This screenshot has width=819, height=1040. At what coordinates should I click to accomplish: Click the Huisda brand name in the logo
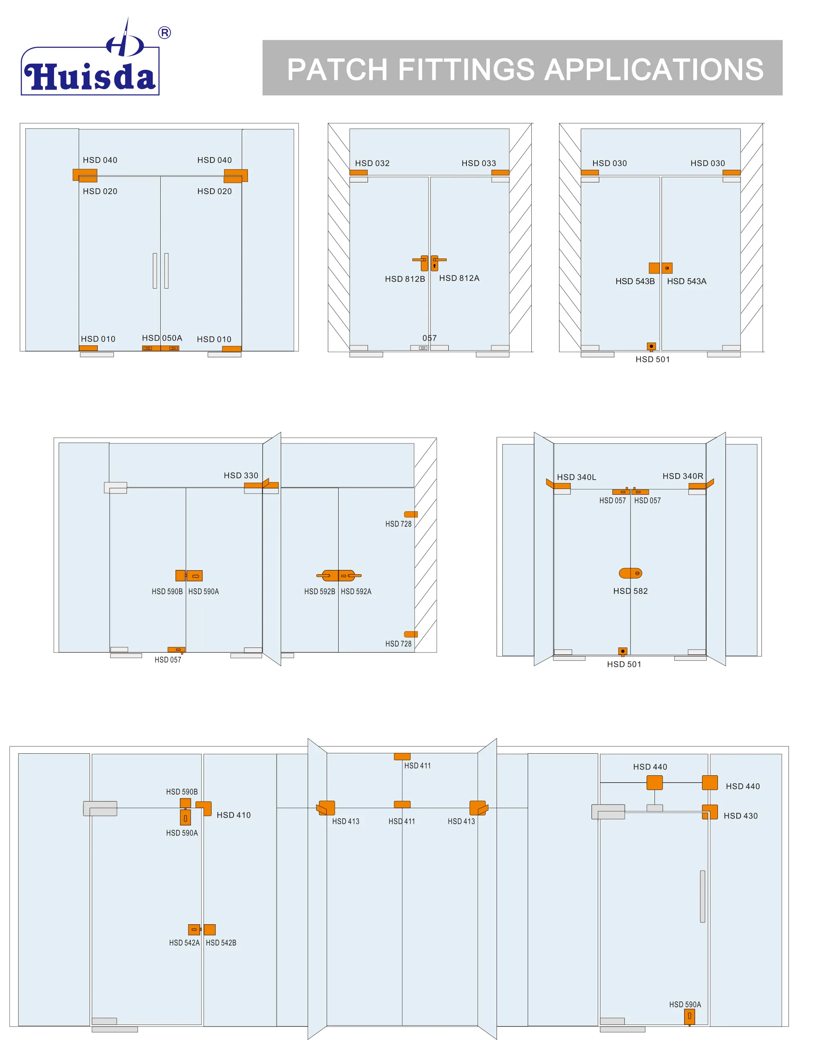coord(90,77)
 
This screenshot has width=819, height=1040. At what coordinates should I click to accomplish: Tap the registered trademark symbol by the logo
coord(164,33)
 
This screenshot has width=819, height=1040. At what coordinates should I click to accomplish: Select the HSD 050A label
coord(162,338)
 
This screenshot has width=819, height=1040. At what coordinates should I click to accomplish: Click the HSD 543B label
coord(635,281)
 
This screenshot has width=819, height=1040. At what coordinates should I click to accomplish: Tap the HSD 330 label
coord(241,475)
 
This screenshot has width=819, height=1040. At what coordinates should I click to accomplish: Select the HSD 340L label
coord(577,477)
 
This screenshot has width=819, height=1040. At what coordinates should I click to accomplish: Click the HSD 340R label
coord(683,476)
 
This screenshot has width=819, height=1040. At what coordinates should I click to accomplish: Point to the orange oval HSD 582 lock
coord(630,573)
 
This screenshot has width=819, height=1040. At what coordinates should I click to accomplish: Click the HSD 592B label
coord(319,592)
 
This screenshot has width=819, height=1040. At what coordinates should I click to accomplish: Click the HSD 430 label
coord(740,816)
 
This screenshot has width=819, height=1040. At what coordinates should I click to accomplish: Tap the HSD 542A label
coord(184,943)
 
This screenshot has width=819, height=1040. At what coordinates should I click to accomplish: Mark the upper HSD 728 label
coord(398,524)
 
